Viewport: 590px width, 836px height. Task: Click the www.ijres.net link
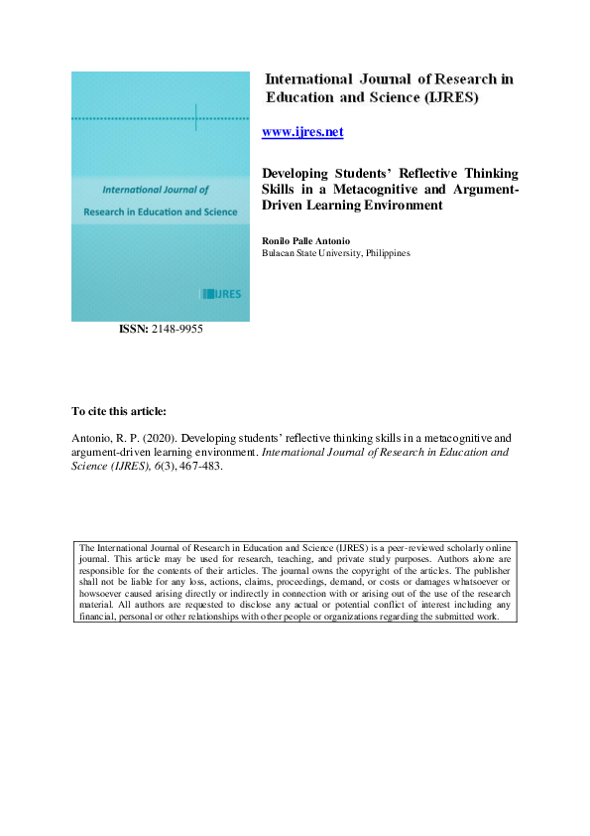(302, 131)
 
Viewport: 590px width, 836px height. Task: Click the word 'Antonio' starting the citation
(94, 437)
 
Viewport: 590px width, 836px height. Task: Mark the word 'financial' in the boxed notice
(101, 616)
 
